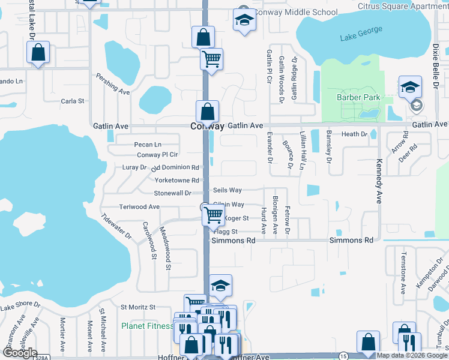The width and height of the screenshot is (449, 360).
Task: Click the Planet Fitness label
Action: point(147,326)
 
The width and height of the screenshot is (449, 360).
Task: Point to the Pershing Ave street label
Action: point(113,85)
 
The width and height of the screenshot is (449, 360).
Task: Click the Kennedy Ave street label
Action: point(379,181)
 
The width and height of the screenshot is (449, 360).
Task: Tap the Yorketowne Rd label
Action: point(176,180)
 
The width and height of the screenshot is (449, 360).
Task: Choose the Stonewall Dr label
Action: point(172,193)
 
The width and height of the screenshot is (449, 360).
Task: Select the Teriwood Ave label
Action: point(139,206)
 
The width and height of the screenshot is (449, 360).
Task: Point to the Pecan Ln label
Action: point(148,145)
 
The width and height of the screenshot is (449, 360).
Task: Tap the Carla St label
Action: point(73,101)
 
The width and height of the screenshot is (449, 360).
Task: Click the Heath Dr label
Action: point(354,135)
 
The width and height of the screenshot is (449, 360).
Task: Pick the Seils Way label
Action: point(227,190)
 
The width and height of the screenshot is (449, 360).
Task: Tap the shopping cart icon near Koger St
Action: point(214,214)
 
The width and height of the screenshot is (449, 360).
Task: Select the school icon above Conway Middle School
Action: point(244,22)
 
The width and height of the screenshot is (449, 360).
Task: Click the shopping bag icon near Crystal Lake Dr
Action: point(38,53)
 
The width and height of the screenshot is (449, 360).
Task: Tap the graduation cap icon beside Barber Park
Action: point(410,87)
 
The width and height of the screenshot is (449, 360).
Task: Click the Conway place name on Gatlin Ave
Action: point(207,127)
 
